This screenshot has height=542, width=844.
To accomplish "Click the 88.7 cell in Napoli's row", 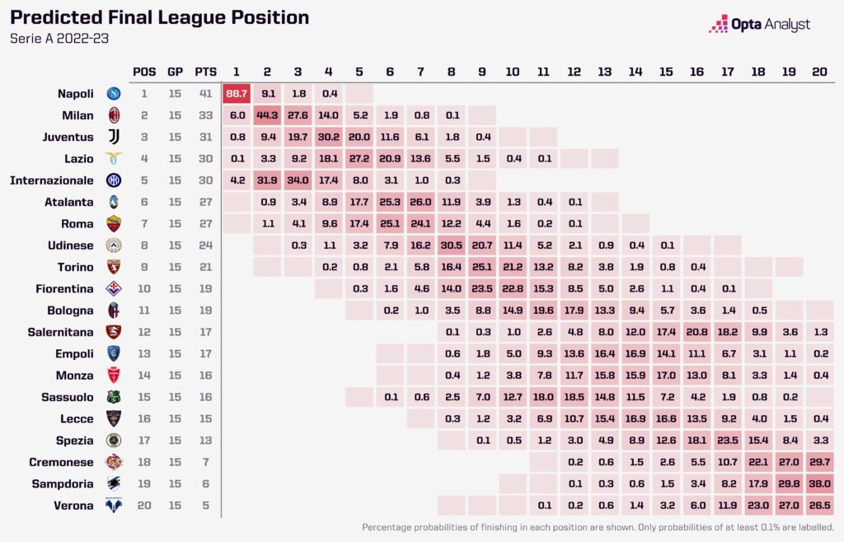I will (236, 94).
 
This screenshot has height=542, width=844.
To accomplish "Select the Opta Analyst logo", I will (759, 25).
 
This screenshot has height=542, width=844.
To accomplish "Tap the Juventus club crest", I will (114, 137).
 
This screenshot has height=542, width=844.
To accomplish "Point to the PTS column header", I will (206, 72).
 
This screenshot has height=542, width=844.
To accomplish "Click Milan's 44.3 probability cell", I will (267, 115).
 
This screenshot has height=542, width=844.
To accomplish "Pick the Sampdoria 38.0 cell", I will (819, 484).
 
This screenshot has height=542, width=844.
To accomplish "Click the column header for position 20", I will (819, 72).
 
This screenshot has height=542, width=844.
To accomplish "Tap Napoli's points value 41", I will (206, 94).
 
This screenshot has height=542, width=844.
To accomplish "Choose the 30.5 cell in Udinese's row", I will (451, 244).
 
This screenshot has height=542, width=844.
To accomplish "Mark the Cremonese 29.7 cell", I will (819, 462).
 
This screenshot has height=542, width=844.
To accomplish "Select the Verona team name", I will (74, 505).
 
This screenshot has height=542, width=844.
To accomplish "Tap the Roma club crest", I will (114, 222).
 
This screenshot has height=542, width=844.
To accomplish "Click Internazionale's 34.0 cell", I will (298, 180).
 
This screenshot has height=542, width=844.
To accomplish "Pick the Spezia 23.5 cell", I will (727, 441).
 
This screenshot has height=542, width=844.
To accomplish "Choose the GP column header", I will (175, 72).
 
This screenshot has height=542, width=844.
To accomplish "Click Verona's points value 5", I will (206, 505).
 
